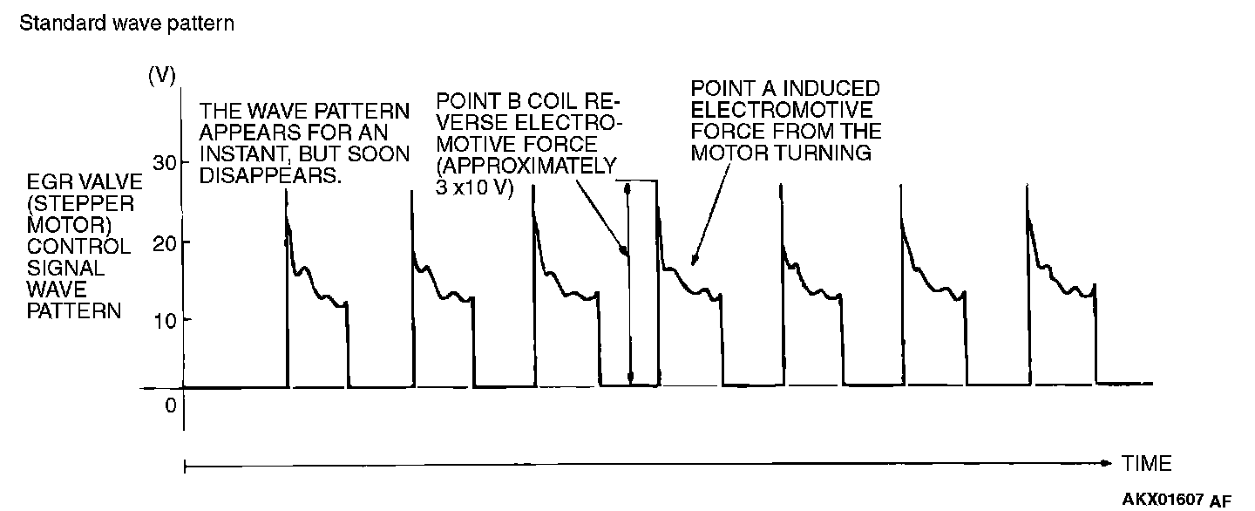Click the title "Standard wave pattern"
(126, 24)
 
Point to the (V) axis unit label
(162, 75)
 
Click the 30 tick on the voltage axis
(166, 163)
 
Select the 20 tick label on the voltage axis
(166, 242)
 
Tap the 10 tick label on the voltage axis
(166, 319)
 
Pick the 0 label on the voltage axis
(170, 405)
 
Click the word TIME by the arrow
(1146, 463)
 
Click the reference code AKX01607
(1163, 500)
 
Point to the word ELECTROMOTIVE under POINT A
(781, 111)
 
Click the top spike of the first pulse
(286, 190)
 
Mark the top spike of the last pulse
(1027, 187)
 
